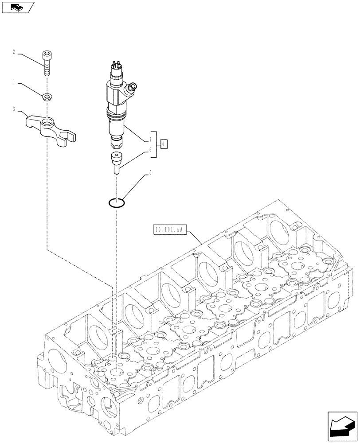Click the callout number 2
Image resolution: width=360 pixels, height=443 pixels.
[14, 52]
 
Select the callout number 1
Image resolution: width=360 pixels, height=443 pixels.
[14, 82]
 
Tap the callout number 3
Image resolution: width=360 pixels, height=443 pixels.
[14, 109]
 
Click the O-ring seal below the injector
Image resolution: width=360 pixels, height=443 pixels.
[116, 203]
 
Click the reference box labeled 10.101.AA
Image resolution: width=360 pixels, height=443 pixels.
[170, 229]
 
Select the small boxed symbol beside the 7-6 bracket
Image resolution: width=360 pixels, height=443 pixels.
[164, 144]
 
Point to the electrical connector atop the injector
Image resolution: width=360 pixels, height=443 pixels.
[115, 67]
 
